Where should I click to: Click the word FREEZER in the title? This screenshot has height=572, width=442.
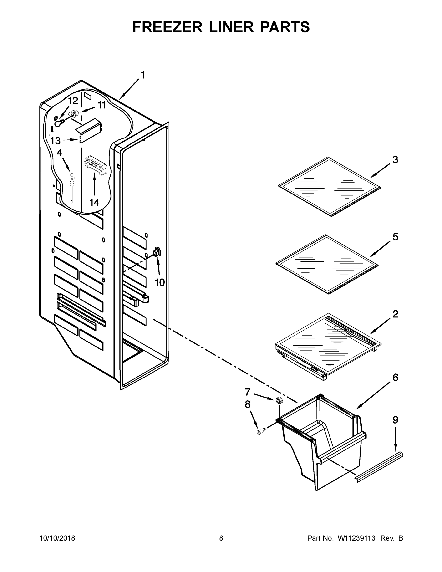click(168, 27)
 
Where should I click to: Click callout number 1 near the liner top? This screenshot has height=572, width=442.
click(143, 75)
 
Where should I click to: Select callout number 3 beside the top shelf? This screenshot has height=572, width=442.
click(395, 159)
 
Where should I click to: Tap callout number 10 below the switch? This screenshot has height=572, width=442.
click(160, 282)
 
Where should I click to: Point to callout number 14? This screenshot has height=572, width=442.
click(94, 202)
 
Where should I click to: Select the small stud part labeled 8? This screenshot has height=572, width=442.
click(260, 432)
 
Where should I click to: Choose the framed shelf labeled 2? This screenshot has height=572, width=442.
click(327, 346)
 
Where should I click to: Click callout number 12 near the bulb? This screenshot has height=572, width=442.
click(73, 101)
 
